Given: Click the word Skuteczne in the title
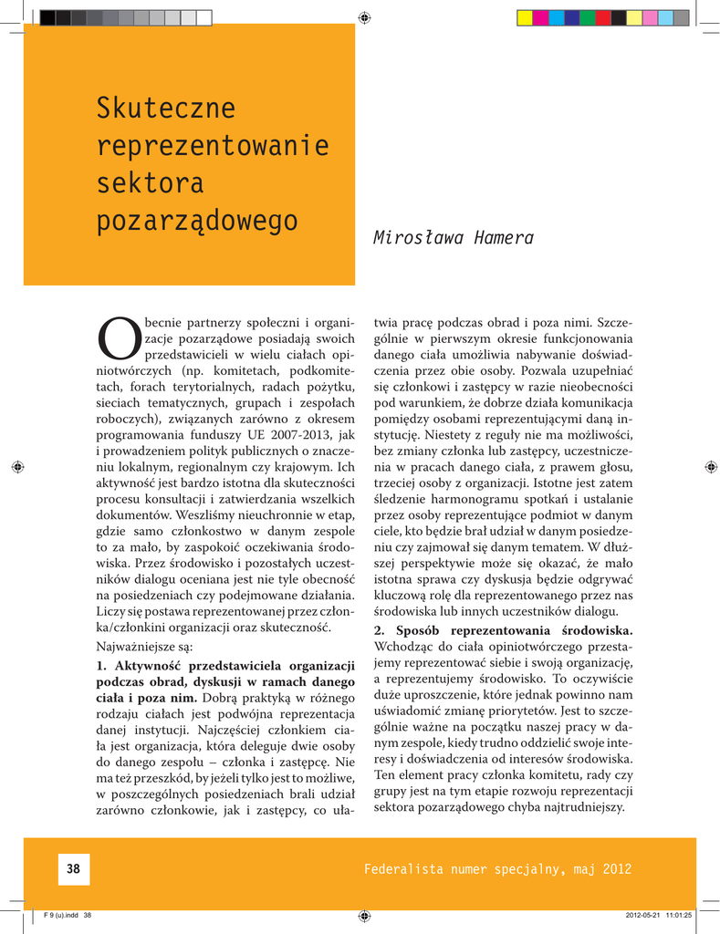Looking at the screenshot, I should (166, 109).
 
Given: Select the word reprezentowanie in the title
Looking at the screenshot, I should (213, 147).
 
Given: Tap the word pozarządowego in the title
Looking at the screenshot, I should (197, 221).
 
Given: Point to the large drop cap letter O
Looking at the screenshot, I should (118, 338).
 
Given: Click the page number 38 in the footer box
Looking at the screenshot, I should (73, 869).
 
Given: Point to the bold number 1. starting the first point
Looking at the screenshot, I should (102, 664).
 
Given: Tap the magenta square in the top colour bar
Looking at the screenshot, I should (542, 17).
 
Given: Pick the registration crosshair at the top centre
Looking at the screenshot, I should (362, 17).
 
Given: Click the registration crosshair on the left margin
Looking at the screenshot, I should (16, 466).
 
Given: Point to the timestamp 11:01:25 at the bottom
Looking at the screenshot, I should (680, 916).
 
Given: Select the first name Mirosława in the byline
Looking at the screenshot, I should (416, 238).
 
